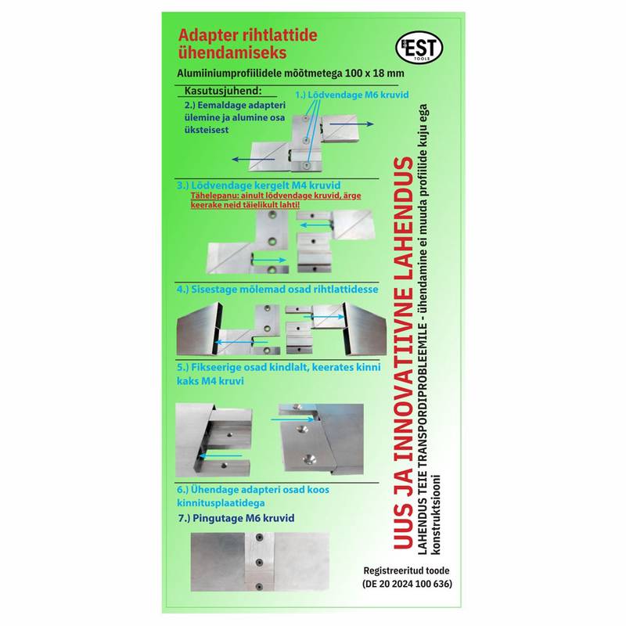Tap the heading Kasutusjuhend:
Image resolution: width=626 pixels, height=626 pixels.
223,91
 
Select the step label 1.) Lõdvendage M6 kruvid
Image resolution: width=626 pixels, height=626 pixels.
351,95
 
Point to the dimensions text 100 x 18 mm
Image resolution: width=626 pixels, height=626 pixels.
375,74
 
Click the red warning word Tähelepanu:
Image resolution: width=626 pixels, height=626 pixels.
214,196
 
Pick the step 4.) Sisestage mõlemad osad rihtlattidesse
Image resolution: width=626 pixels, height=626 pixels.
278,290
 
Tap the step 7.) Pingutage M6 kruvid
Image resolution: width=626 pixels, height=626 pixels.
236,518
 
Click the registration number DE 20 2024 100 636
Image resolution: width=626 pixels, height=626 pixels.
407,584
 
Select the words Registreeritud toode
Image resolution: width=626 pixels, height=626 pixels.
406,570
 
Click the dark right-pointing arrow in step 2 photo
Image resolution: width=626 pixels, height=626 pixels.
351,124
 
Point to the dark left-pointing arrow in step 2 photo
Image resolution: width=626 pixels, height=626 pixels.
253,160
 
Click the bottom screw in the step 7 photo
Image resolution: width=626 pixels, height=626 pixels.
259,586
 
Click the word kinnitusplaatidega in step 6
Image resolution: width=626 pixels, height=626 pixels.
221,503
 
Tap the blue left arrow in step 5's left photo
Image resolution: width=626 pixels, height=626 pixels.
221,455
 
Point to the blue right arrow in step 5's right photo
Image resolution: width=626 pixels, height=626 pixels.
292,419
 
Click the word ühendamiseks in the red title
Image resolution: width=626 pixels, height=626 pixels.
232,53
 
